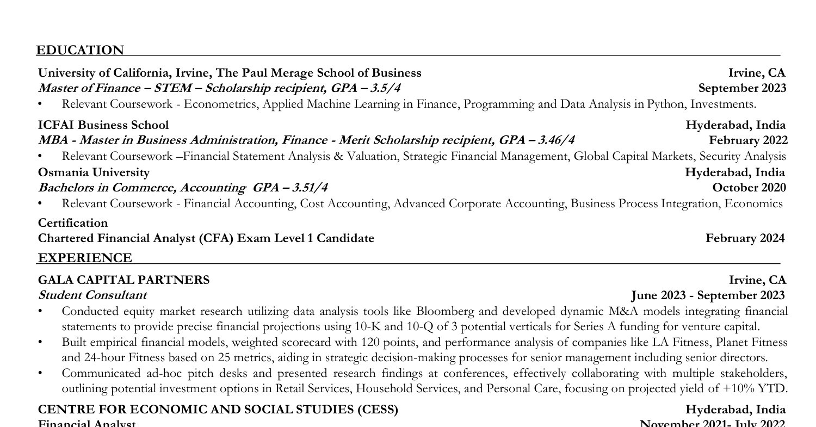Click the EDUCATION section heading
(80, 51)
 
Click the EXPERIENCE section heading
(84, 258)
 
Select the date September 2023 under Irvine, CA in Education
(742, 88)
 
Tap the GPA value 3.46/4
(555, 140)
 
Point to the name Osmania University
(94, 172)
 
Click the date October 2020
(749, 188)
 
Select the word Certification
(73, 223)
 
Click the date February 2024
(745, 238)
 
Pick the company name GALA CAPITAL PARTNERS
(123, 280)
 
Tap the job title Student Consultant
(92, 295)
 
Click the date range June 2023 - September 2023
(708, 295)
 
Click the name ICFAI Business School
(103, 125)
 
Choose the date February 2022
(748, 140)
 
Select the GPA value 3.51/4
(310, 188)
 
